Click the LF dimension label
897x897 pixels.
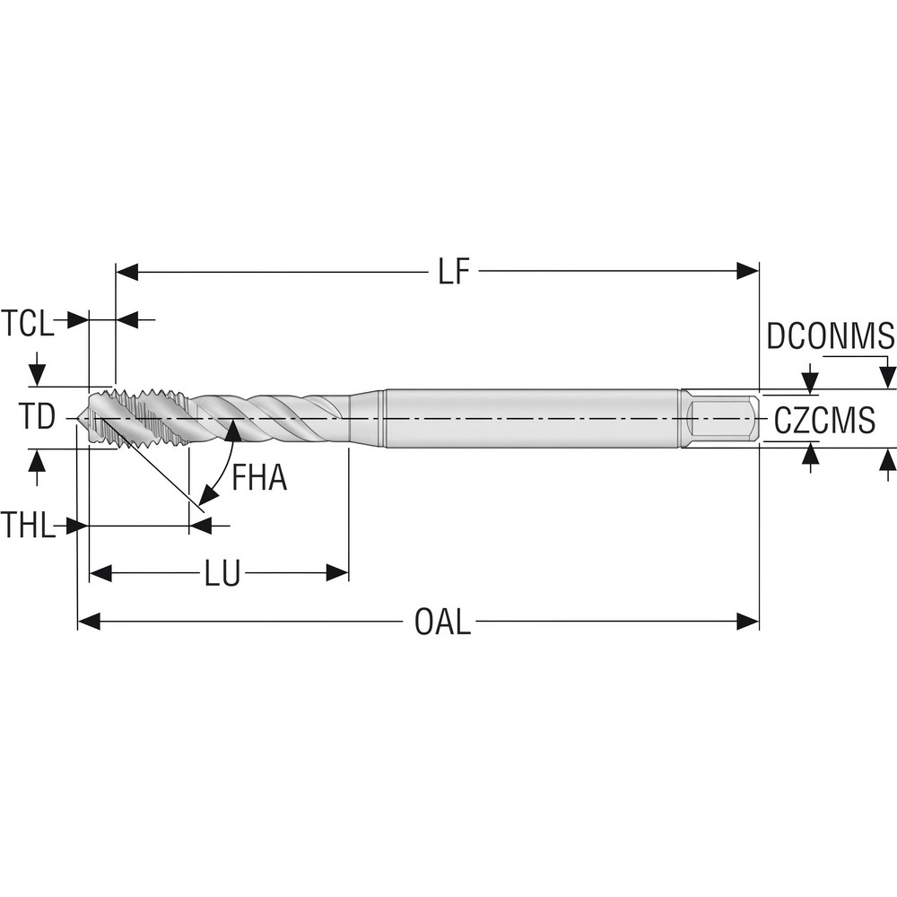point(454,272)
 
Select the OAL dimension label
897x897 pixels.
point(442,622)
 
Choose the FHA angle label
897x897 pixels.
point(259,478)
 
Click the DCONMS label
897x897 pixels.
point(831,337)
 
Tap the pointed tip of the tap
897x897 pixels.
point(83,418)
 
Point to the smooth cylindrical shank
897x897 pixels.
point(529,418)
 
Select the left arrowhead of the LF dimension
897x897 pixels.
point(127,272)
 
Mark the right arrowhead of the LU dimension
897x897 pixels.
point(337,573)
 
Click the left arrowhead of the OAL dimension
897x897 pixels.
point(89,621)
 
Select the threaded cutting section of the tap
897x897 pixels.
point(144,418)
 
